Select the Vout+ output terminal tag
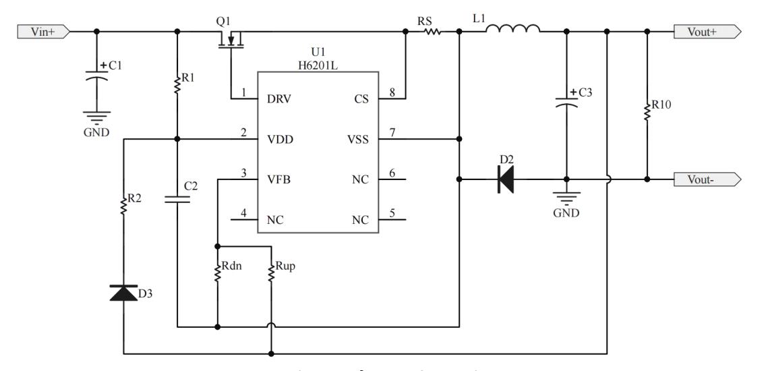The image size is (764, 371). click(x=707, y=32)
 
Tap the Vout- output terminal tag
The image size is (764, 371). click(x=707, y=180)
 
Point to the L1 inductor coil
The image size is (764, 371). click(x=512, y=30)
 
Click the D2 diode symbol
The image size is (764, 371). click(x=505, y=180)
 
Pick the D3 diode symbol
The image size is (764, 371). click(x=123, y=293)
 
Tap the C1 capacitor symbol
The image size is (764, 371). click(x=96, y=79)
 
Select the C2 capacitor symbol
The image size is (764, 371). click(x=177, y=199)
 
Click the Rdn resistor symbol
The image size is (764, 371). click(x=217, y=273)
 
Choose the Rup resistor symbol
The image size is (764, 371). click(x=270, y=273)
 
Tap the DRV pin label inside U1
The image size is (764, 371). click(x=279, y=99)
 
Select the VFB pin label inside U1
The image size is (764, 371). click(x=279, y=180)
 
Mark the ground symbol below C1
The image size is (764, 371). click(x=96, y=117)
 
